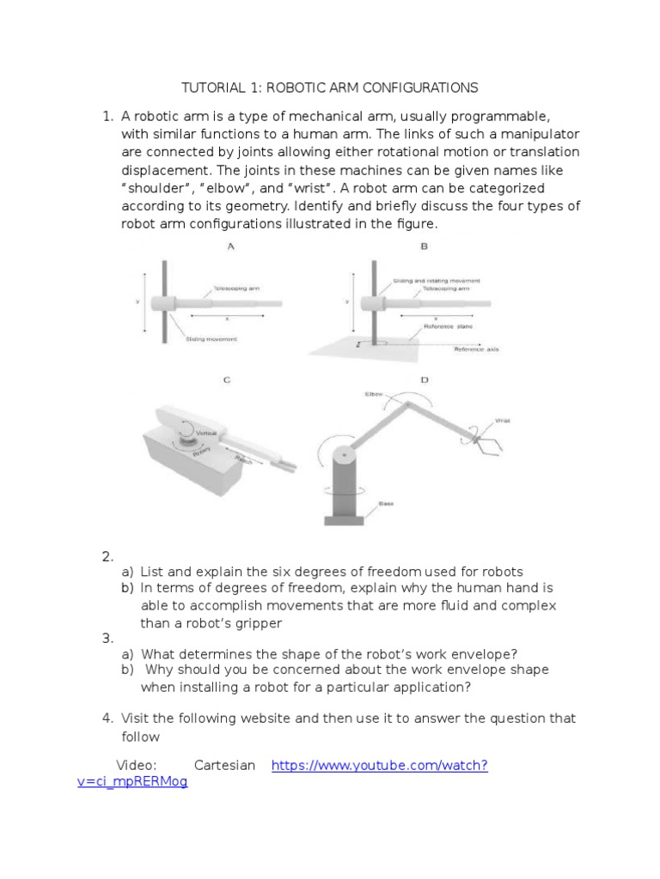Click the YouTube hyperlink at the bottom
[379, 766]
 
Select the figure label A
[230, 247]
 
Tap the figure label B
[424, 247]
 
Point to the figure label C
[227, 379]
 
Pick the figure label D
[424, 379]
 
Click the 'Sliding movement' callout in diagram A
[211, 339]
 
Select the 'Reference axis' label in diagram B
[476, 349]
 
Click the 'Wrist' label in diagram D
[503, 421]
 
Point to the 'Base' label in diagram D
[387, 504]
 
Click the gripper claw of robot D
[485, 445]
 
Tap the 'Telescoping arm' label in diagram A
[235, 288]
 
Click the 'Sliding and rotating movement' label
[436, 281]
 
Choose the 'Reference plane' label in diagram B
[448, 326]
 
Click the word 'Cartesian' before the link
[224, 766]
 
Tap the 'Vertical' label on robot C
[206, 434]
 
